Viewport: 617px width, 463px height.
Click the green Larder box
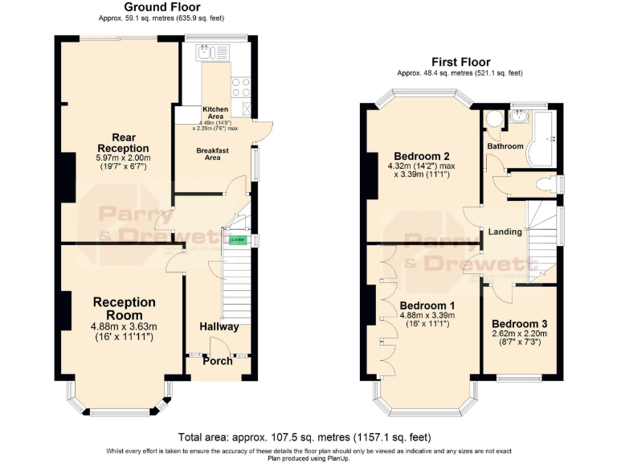click(237, 240)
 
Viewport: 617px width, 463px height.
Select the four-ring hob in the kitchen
click(242, 87)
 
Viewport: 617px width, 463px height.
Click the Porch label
click(217, 361)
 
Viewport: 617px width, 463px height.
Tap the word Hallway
click(219, 326)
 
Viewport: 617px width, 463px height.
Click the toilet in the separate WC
click(546, 183)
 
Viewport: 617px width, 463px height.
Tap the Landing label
click(506, 231)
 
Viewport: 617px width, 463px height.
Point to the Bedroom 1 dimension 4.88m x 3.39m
click(427, 316)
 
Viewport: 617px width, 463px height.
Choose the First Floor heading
click(460, 62)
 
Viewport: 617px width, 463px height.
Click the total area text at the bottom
click(304, 437)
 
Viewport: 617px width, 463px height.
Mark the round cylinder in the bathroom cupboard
click(494, 121)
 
